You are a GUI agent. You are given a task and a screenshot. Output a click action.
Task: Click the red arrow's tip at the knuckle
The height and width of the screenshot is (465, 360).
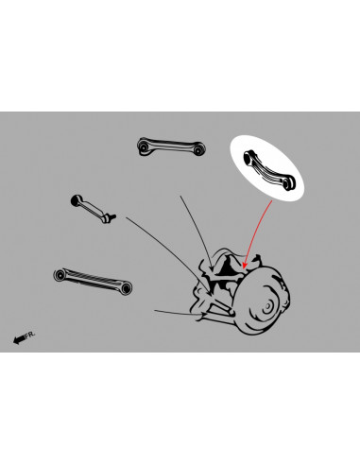[244, 267]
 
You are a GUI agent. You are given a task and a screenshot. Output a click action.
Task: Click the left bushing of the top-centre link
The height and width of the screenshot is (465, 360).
[143, 145]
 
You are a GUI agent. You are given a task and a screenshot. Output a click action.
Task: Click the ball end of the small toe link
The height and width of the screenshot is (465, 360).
[76, 199]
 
